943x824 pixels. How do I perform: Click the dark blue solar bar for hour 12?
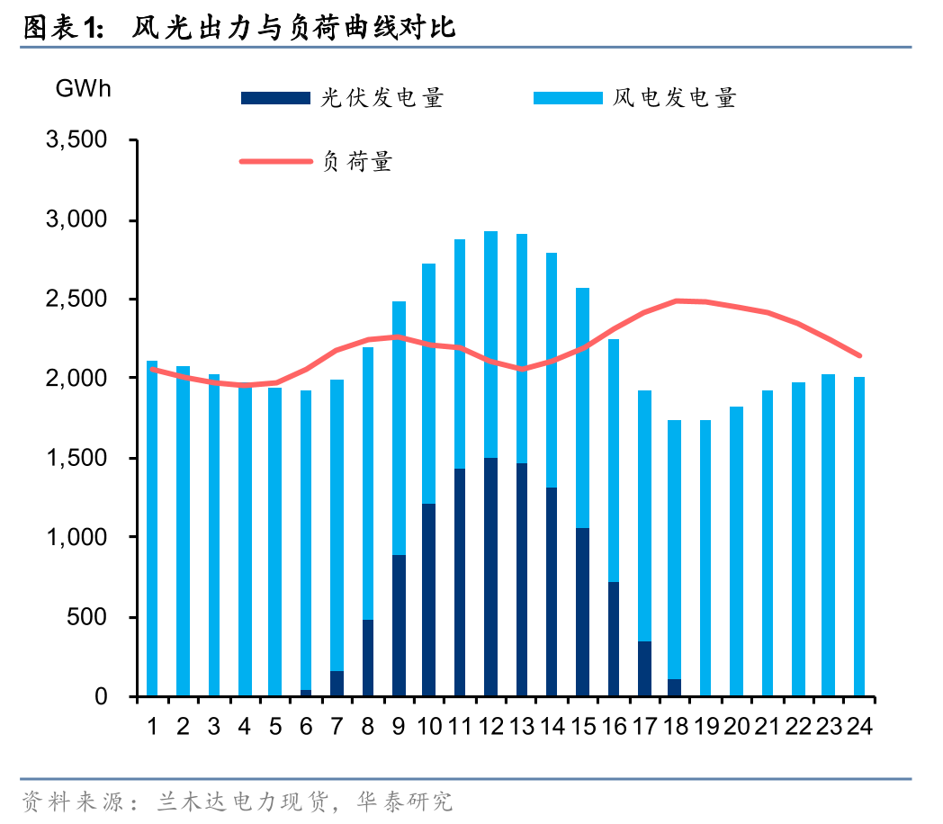[x=490, y=576]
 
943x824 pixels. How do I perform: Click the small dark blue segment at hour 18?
[x=675, y=687]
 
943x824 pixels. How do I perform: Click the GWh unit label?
[x=83, y=89]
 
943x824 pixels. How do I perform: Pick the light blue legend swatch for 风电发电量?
[x=568, y=98]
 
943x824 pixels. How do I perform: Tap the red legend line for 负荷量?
[x=275, y=162]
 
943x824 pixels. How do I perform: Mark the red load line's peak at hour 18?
[x=675, y=300]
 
